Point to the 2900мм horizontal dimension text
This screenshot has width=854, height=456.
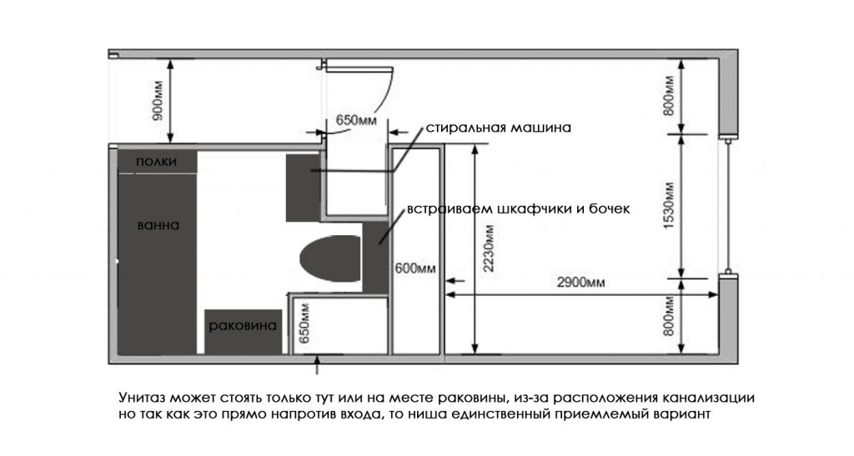click(580, 282)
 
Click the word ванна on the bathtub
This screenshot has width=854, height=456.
click(158, 225)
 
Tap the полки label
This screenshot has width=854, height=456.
click(156, 162)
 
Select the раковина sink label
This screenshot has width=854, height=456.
click(243, 325)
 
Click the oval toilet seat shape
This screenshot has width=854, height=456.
click(329, 260)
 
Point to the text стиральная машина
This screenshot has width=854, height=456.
click(498, 128)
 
